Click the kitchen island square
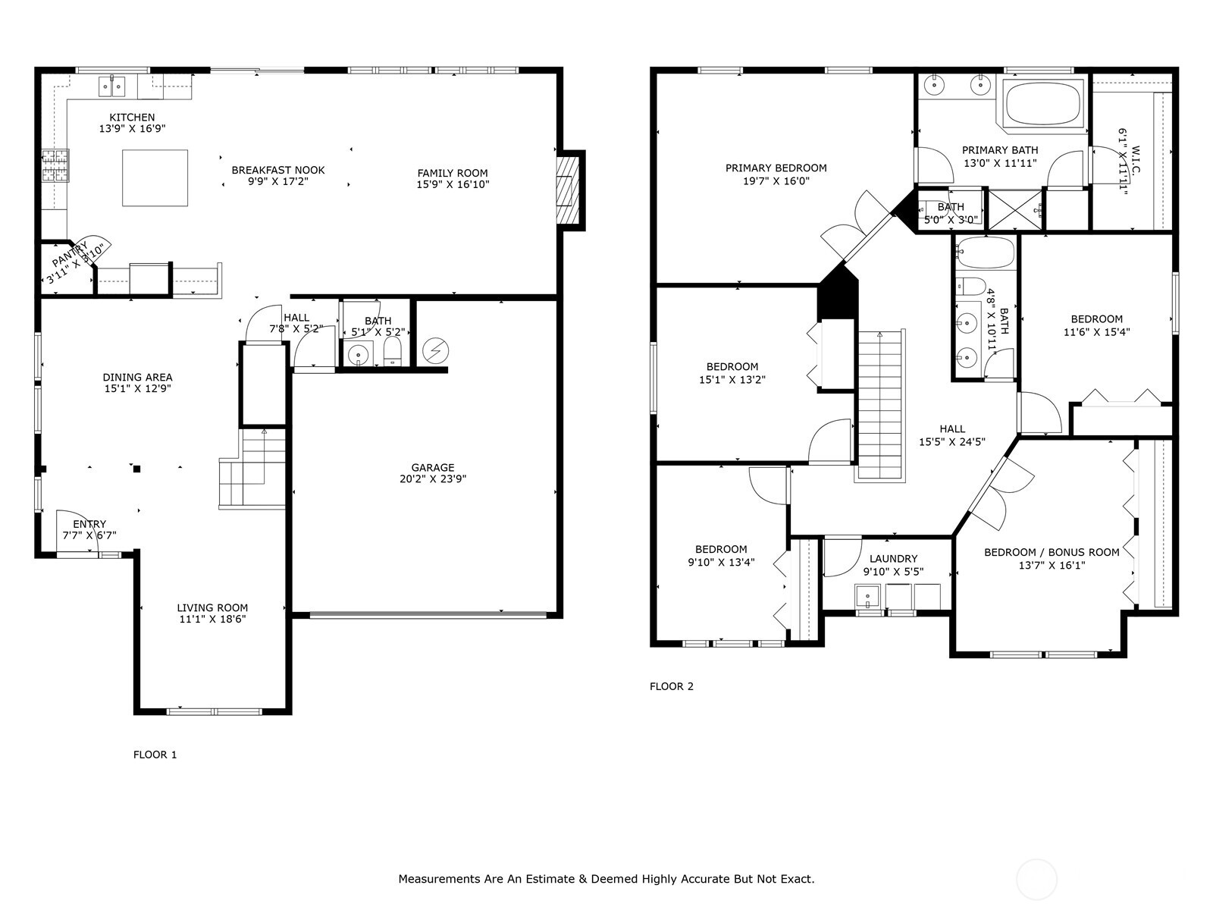155,178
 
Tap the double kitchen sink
111,86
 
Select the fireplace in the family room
568,190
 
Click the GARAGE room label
433,467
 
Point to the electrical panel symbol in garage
435,351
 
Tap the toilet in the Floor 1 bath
393,351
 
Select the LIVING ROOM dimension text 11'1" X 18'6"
212,620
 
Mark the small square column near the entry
136,469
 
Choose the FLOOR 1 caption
155,755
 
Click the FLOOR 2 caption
672,686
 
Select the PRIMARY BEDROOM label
776,168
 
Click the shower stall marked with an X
1015,210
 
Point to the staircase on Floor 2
879,405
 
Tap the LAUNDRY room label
894,559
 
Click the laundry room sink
868,597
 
